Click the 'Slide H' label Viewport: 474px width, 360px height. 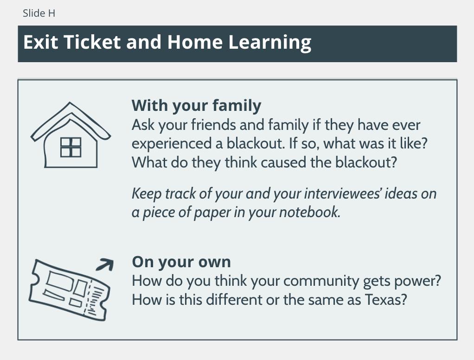(x=39, y=13)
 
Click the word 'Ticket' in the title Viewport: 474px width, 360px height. (x=92, y=42)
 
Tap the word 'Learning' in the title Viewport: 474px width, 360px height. (x=269, y=42)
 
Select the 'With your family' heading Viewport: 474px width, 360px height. (x=196, y=105)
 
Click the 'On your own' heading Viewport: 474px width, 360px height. (x=181, y=262)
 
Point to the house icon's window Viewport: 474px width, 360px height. (x=71, y=147)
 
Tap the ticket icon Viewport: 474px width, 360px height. (x=69, y=290)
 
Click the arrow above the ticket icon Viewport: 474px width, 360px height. (x=105, y=264)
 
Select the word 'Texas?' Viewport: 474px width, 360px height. (x=386, y=300)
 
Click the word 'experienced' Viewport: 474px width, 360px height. (x=172, y=144)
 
